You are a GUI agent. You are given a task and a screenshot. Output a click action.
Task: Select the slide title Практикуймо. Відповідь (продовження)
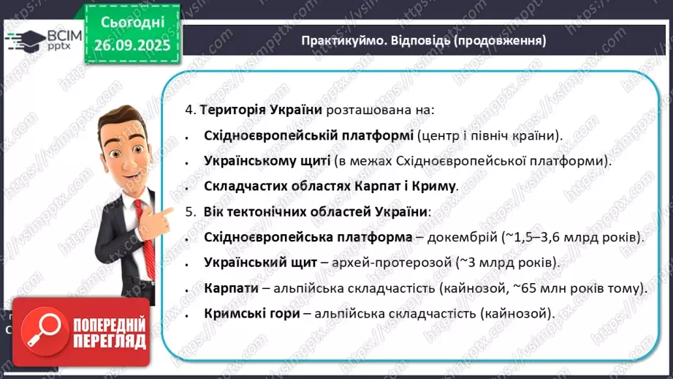[x=424, y=41]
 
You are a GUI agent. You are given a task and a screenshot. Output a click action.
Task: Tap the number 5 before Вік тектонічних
[x=189, y=211]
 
